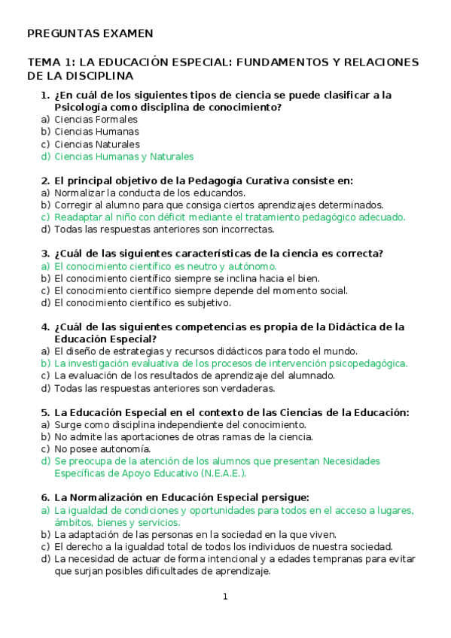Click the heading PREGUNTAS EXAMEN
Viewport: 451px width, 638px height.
click(x=90, y=34)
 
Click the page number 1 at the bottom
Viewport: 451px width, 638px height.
click(x=224, y=597)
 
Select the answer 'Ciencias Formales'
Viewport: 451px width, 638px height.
click(x=96, y=119)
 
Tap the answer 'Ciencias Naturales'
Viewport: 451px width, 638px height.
click(x=97, y=144)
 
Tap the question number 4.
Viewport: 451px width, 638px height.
click(x=44, y=327)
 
